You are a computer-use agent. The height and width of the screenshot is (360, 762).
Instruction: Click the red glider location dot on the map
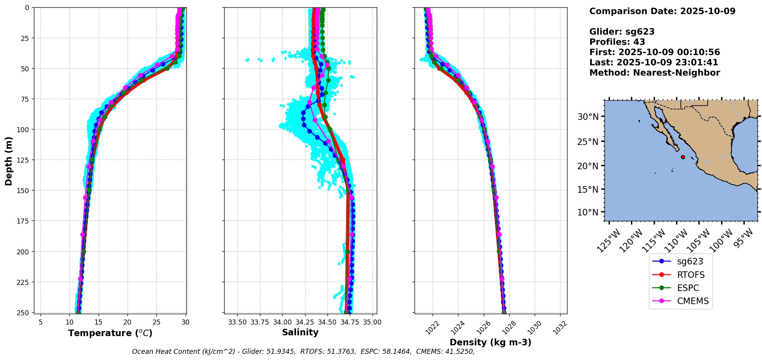pyautogui.click(x=683, y=157)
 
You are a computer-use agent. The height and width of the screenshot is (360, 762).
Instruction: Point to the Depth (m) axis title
pyautogui.click(x=8, y=161)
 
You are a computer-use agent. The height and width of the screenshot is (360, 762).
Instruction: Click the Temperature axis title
pyautogui.click(x=110, y=333)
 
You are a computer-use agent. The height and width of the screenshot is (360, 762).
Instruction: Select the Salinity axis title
pyautogui.click(x=300, y=333)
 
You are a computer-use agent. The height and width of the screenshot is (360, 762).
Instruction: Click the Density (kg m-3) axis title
pyautogui.click(x=490, y=342)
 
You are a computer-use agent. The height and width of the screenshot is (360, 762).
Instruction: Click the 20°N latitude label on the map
pyautogui.click(x=587, y=166)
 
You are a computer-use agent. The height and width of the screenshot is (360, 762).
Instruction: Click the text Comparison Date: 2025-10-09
pyautogui.click(x=662, y=11)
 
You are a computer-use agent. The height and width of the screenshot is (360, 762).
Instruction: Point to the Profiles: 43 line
pyautogui.click(x=617, y=42)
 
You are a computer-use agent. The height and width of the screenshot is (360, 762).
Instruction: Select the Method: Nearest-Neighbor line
pyautogui.click(x=655, y=72)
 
